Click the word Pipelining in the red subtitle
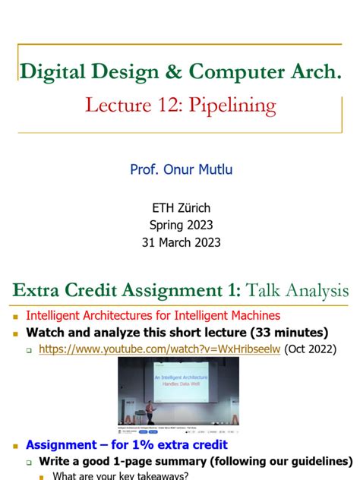point(238,105)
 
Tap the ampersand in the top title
point(172,72)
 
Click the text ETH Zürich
point(180,207)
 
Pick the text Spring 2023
point(180,225)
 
